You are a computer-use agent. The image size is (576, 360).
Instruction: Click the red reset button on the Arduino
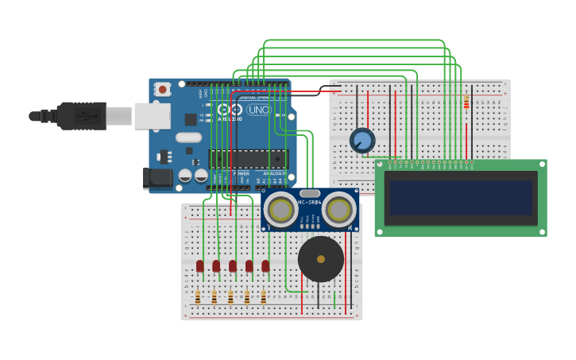click(163, 90)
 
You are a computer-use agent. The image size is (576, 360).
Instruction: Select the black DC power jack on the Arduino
click(157, 178)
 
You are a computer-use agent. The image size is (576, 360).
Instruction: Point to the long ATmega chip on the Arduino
click(246, 158)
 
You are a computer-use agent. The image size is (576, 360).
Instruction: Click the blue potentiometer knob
click(362, 141)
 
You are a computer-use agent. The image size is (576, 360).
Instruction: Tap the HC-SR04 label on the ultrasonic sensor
click(310, 203)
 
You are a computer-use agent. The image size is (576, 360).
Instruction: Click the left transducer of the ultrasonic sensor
click(280, 210)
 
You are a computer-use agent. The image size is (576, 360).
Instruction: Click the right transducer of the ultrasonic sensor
click(339, 210)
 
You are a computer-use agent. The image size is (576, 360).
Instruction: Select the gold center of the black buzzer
click(321, 259)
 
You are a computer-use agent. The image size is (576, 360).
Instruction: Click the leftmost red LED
click(200, 266)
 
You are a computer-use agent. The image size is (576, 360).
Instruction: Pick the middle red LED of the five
click(233, 266)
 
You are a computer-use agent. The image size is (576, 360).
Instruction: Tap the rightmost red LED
click(265, 266)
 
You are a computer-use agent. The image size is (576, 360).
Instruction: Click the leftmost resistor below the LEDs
click(198, 297)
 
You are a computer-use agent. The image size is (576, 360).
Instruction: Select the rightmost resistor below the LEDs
click(263, 297)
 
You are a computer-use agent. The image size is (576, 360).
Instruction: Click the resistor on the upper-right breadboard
click(466, 103)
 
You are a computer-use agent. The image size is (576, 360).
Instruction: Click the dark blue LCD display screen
click(460, 198)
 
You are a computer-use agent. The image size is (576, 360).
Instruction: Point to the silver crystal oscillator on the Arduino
click(188, 137)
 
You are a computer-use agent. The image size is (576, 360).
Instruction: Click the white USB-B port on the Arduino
click(152, 116)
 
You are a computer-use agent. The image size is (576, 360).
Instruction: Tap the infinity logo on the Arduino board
click(230, 110)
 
